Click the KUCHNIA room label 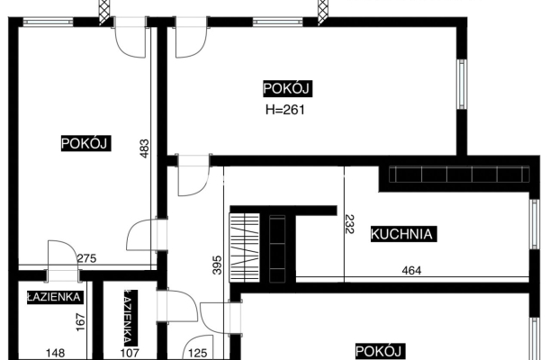(403, 235)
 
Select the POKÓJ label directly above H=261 (287, 88)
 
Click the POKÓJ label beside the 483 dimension (85, 143)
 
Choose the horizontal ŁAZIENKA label (55, 296)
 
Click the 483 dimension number (144, 148)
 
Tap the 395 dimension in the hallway (217, 265)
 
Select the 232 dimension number (350, 223)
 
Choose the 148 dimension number (55, 354)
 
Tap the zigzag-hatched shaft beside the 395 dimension (244, 243)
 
